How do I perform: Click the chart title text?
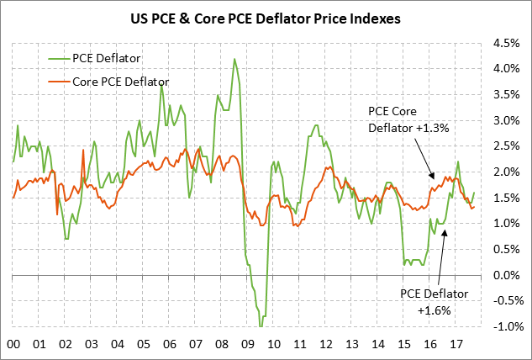pos(265,17)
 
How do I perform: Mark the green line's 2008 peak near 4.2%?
pos(234,59)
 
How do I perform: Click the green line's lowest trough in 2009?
pos(261,326)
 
